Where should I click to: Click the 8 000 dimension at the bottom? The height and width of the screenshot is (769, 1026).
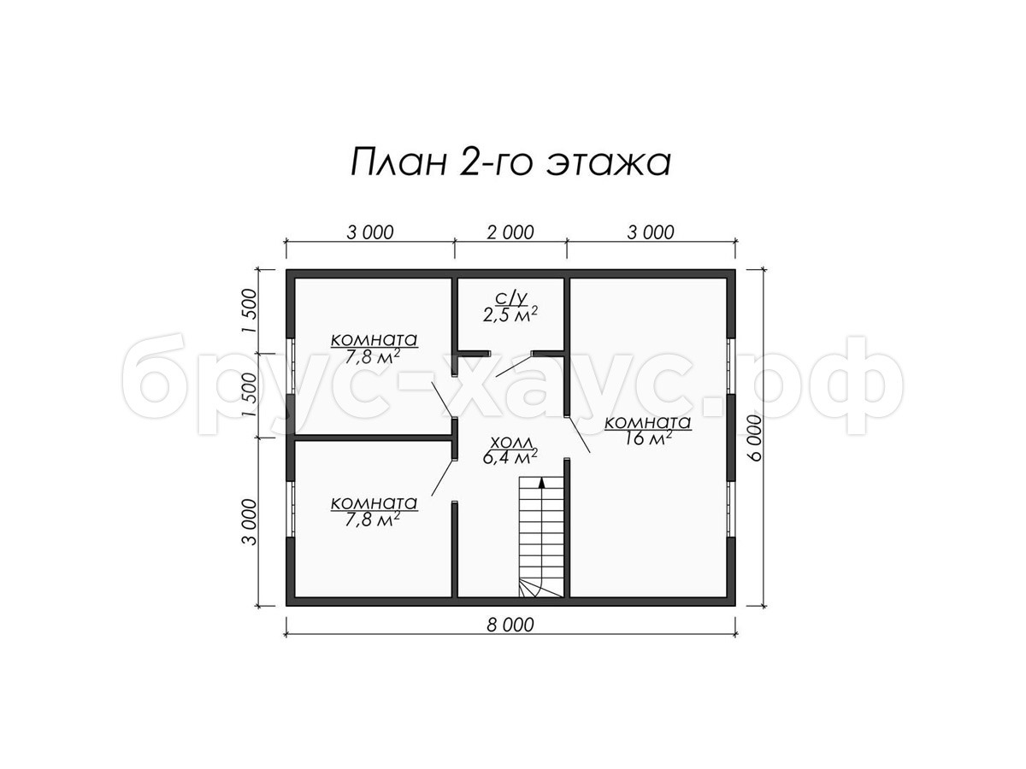click(510, 625)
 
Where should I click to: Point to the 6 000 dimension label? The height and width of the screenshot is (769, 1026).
click(754, 438)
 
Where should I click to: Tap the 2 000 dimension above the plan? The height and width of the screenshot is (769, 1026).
click(510, 232)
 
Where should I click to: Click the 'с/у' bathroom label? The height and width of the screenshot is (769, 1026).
click(510, 299)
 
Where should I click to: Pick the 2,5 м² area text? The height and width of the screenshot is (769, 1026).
click(510, 315)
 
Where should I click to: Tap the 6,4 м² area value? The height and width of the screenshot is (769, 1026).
click(510, 457)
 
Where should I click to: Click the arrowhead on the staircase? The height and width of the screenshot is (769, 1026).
click(542, 482)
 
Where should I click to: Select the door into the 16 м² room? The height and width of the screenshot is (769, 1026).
click(579, 435)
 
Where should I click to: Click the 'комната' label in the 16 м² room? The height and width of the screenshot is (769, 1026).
click(648, 423)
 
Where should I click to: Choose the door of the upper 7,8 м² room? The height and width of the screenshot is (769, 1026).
click(442, 400)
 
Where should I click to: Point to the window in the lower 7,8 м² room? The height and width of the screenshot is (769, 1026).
click(291, 509)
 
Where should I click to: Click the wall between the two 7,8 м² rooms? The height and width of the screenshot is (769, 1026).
click(372, 437)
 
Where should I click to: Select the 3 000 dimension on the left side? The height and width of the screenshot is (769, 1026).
click(251, 522)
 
